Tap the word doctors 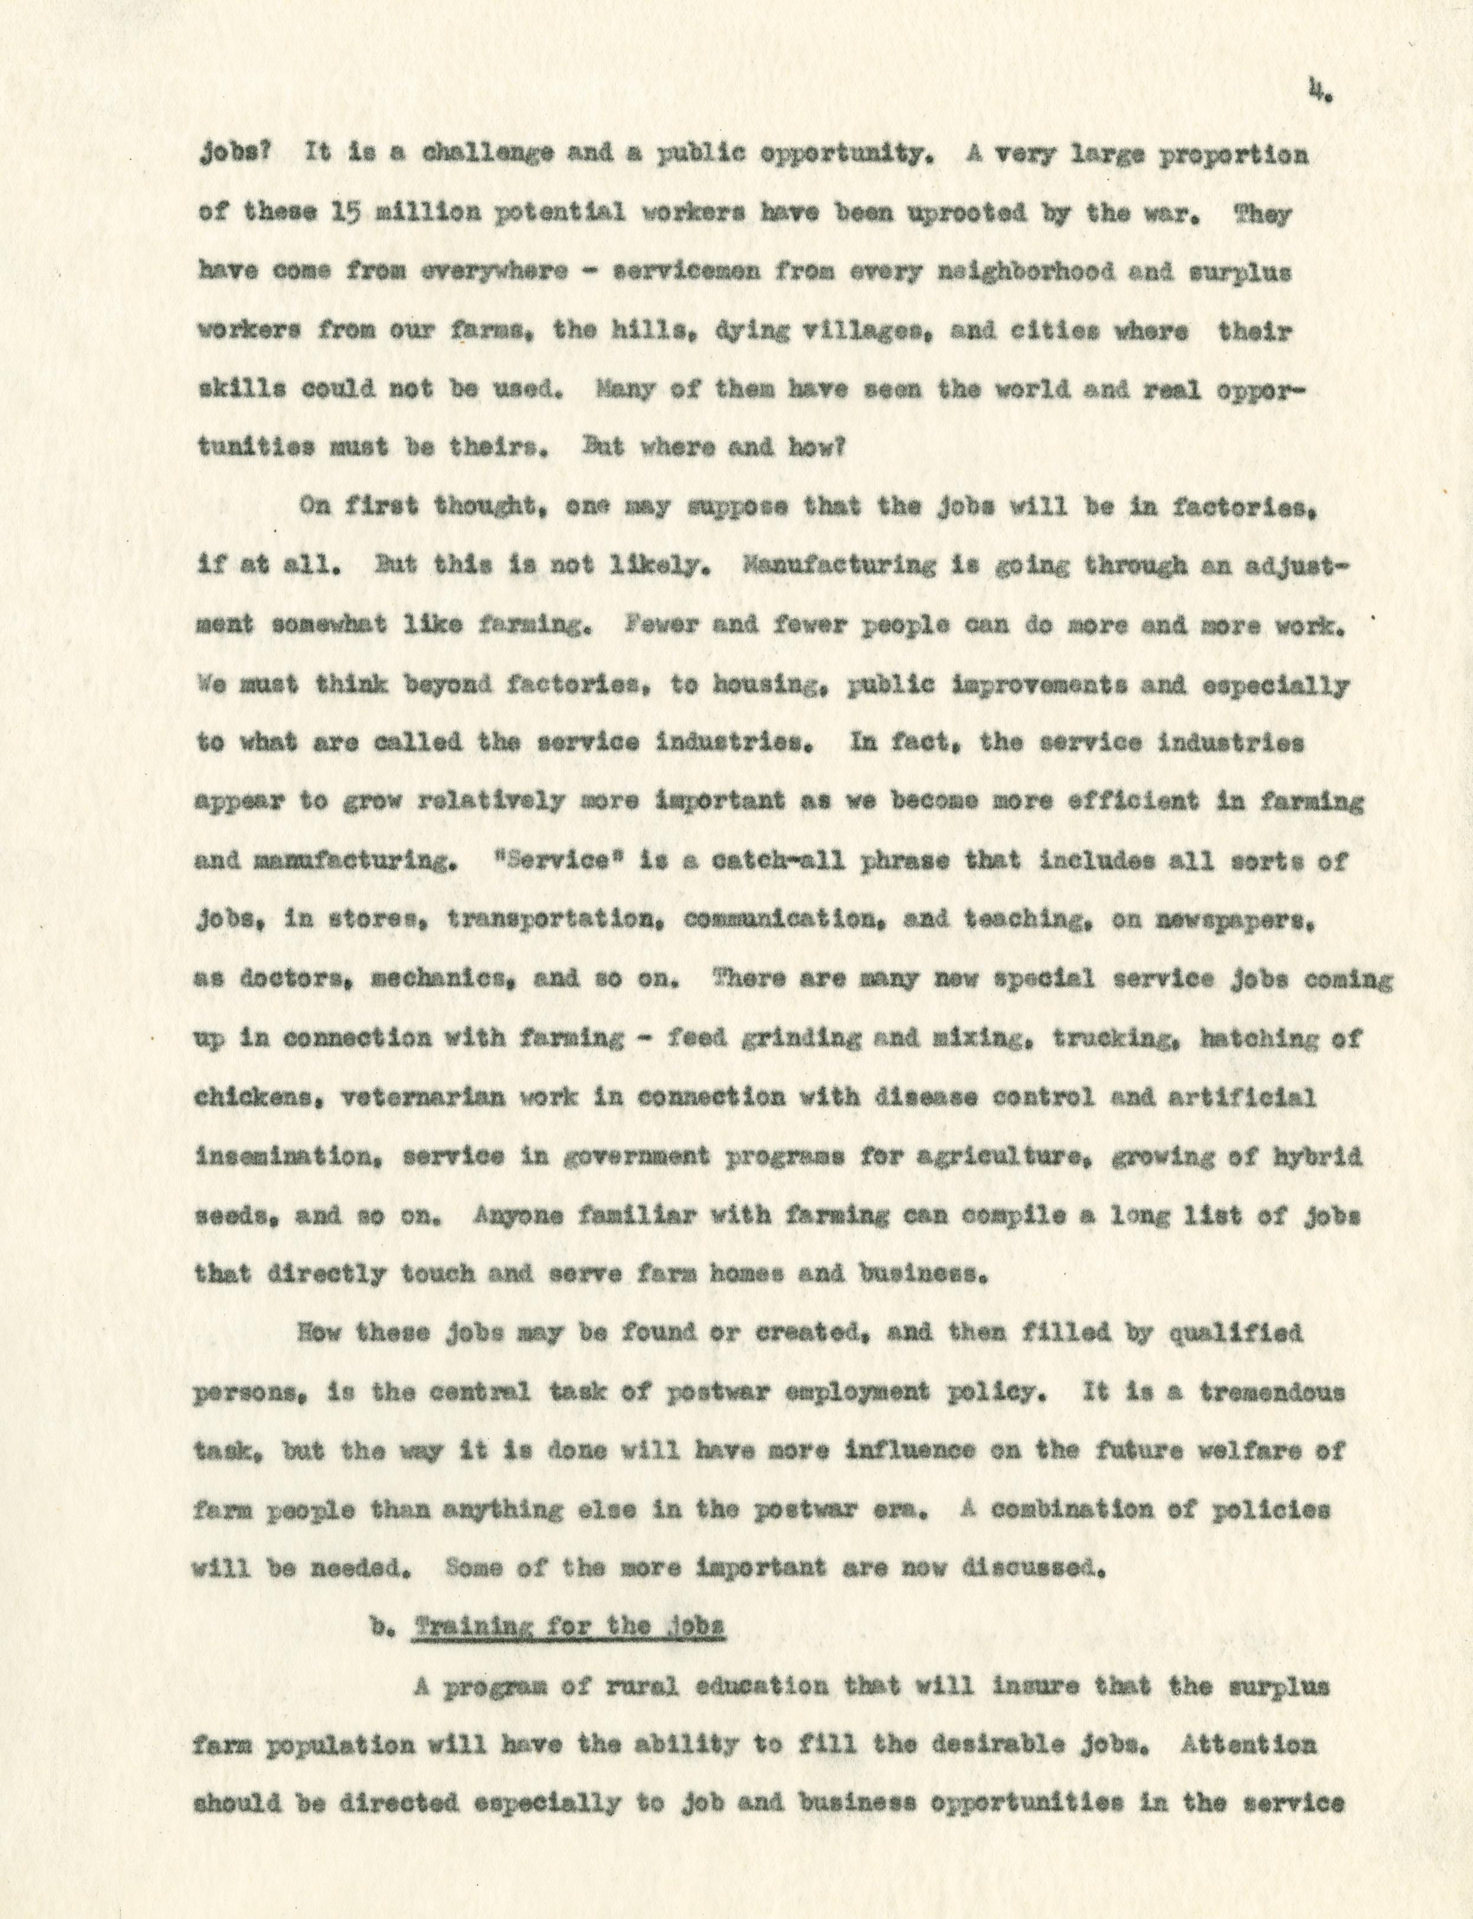(x=283, y=978)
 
